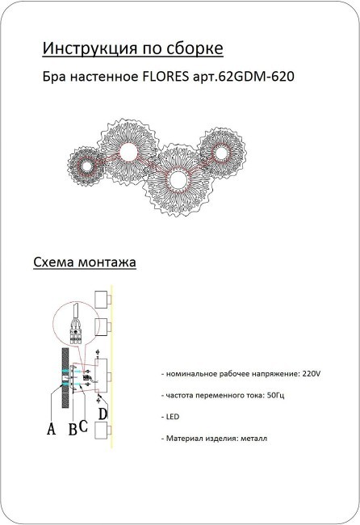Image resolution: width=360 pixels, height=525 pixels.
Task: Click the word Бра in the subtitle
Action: pyautogui.click(x=53, y=80)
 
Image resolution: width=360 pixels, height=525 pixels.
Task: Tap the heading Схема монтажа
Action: pyautogui.click(x=84, y=262)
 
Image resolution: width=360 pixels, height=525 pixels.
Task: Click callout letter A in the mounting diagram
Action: pyautogui.click(x=51, y=430)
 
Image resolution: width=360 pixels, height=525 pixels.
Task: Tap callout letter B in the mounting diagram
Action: pyautogui.click(x=72, y=429)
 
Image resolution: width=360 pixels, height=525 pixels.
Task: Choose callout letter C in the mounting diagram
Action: pyautogui.click(x=83, y=425)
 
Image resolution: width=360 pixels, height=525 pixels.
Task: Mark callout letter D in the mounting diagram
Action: pyautogui.click(x=103, y=414)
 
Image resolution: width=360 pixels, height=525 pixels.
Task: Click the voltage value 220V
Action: pyautogui.click(x=310, y=375)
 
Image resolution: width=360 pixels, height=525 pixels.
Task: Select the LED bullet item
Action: pyautogui.click(x=171, y=417)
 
